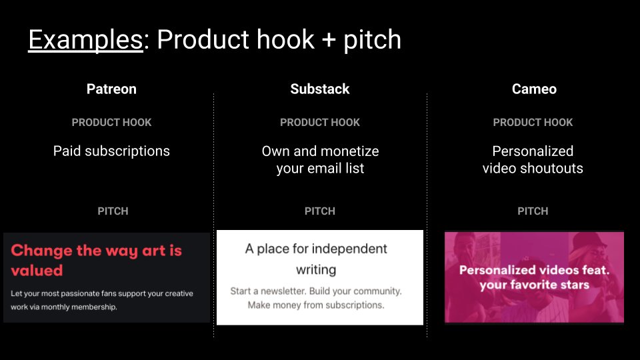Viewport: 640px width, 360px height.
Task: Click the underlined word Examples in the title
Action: tap(85, 40)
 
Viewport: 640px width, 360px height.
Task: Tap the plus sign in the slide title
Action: tap(325, 41)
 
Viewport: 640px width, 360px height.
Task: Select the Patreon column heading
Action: tap(111, 89)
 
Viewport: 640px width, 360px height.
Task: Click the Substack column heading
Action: tap(319, 89)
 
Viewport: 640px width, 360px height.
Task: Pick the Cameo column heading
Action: tap(533, 89)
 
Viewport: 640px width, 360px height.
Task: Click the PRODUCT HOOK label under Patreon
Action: tap(111, 123)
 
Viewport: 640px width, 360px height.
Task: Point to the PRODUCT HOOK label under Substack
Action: tap(319, 123)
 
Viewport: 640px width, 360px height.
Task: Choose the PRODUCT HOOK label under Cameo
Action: tap(533, 123)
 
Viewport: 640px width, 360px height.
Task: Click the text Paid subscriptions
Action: tap(111, 151)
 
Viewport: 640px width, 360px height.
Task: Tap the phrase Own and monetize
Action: tap(320, 151)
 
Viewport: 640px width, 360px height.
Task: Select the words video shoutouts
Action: tap(533, 169)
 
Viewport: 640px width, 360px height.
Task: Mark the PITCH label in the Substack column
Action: tap(319, 211)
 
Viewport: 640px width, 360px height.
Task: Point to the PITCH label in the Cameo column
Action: tap(533, 211)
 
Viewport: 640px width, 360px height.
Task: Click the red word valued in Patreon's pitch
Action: tap(37, 271)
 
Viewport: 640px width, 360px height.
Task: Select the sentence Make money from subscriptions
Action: tap(316, 305)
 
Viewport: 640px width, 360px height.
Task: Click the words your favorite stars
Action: tap(534, 285)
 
